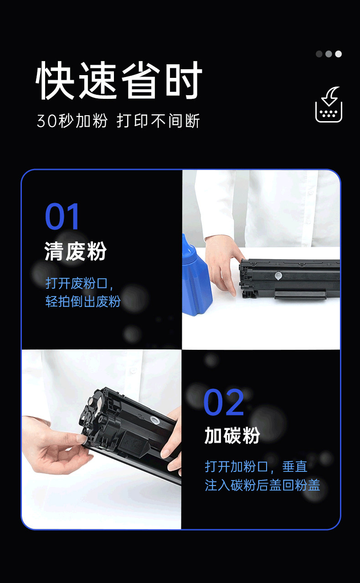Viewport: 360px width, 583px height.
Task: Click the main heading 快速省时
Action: tap(119, 80)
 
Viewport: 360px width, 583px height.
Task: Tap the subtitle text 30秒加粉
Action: tap(72, 121)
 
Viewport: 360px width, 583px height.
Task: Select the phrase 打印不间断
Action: tap(158, 121)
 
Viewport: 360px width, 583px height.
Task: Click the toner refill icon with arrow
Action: tap(329, 104)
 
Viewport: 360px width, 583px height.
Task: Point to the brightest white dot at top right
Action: tap(339, 54)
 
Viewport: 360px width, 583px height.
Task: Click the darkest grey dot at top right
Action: tap(319, 54)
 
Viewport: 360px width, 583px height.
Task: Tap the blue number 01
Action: tap(62, 216)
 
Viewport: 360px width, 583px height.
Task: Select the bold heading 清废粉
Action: tap(76, 251)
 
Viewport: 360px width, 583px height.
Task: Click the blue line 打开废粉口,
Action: tap(79, 283)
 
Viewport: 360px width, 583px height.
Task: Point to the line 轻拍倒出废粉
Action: tap(83, 302)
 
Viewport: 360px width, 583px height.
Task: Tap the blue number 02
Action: tap(223, 402)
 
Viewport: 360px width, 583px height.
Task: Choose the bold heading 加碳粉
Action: tap(232, 435)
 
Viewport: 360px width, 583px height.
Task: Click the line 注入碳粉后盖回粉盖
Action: tap(262, 486)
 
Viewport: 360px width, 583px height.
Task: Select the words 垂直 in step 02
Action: tap(295, 466)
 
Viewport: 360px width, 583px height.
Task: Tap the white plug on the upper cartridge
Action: tap(278, 275)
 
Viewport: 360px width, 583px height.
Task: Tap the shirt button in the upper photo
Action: tap(310, 192)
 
